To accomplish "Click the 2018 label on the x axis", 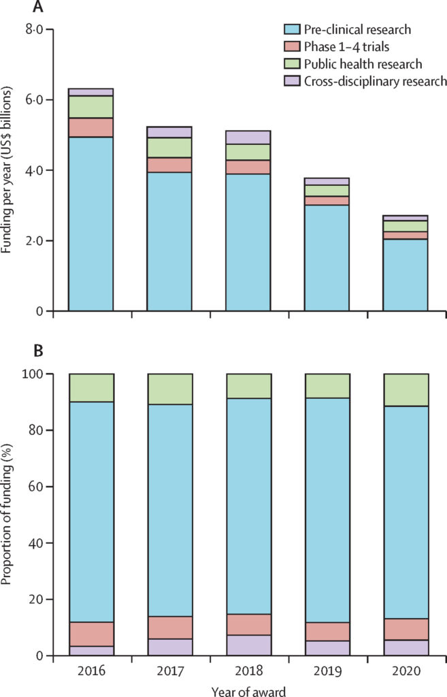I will [x=248, y=670].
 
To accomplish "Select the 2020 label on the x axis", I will [x=405, y=670].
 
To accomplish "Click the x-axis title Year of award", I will [x=248, y=690].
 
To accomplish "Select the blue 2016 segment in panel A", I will [x=91, y=224].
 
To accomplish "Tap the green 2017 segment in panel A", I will [x=169, y=148].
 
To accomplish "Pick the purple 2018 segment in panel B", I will [x=248, y=645].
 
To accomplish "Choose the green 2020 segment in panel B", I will [x=405, y=390].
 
